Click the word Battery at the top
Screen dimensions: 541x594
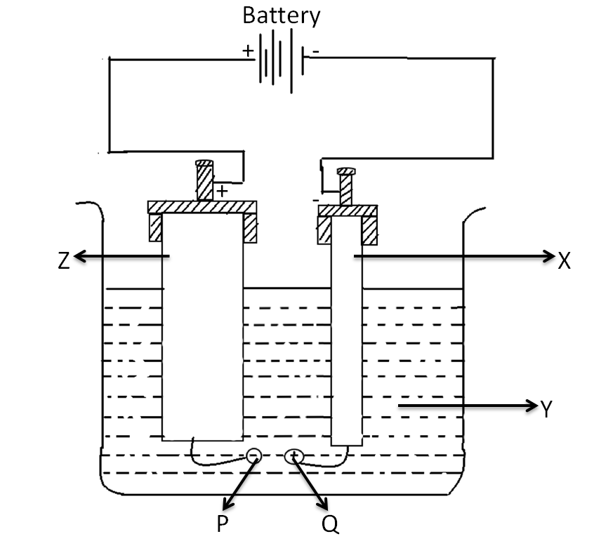click(281, 15)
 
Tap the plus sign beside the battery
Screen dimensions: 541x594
click(247, 51)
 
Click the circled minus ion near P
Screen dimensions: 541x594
click(253, 457)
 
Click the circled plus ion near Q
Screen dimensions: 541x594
click(293, 457)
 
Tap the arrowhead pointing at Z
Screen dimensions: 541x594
click(79, 258)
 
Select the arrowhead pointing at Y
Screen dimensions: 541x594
click(531, 405)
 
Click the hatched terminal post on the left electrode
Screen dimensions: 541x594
click(204, 181)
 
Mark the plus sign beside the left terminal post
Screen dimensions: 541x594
click(222, 191)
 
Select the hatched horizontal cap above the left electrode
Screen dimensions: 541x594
click(202, 207)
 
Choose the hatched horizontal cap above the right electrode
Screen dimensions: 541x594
click(348, 211)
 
